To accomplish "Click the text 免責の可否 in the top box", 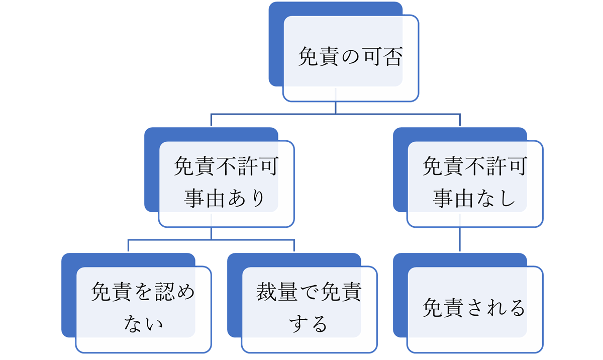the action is [351, 56].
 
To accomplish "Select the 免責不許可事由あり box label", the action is [226, 182].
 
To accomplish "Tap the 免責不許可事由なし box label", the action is [475, 182].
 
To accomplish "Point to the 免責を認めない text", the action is [143, 307].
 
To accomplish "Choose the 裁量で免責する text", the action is [309, 307].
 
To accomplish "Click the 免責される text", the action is [474, 308].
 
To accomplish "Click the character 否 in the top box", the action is [393, 56].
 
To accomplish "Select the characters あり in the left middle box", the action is [247, 198].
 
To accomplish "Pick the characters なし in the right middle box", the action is [496, 198].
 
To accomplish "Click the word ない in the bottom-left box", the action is [143, 324].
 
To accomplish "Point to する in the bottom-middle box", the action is [309, 324].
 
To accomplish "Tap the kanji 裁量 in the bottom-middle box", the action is [277, 292].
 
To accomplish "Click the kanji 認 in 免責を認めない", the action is [164, 292].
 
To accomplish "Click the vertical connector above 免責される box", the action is [460, 240].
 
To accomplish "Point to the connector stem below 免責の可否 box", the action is [336, 108].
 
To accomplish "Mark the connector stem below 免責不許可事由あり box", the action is [211, 233].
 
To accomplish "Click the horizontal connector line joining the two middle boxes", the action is [336, 114].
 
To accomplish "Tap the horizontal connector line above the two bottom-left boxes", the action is [211, 240].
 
